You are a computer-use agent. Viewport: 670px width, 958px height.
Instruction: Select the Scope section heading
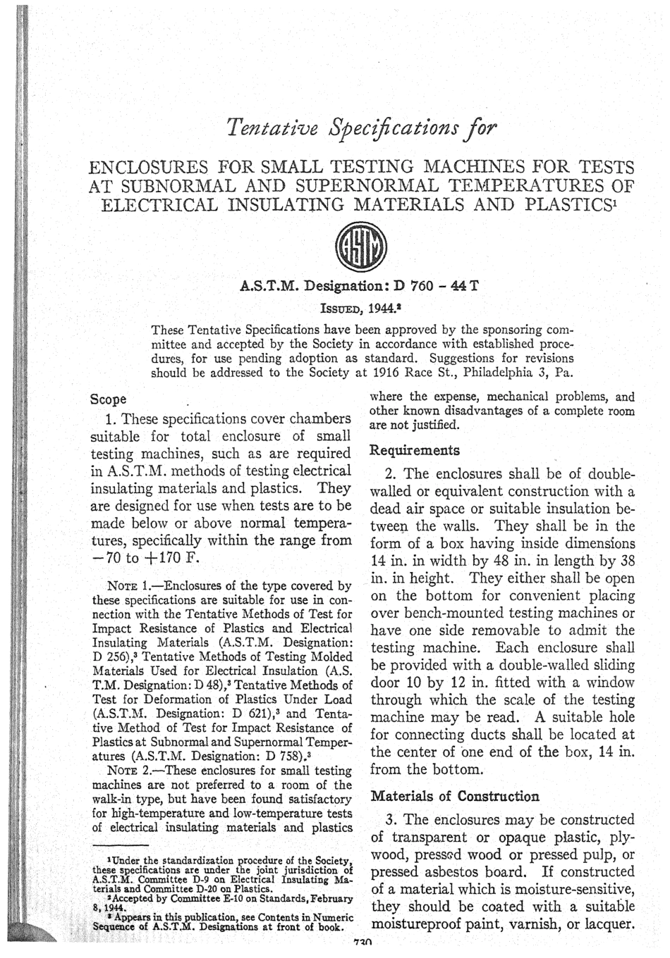[x=109, y=399]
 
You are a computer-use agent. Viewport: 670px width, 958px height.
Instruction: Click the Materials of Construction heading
[x=455, y=796]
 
